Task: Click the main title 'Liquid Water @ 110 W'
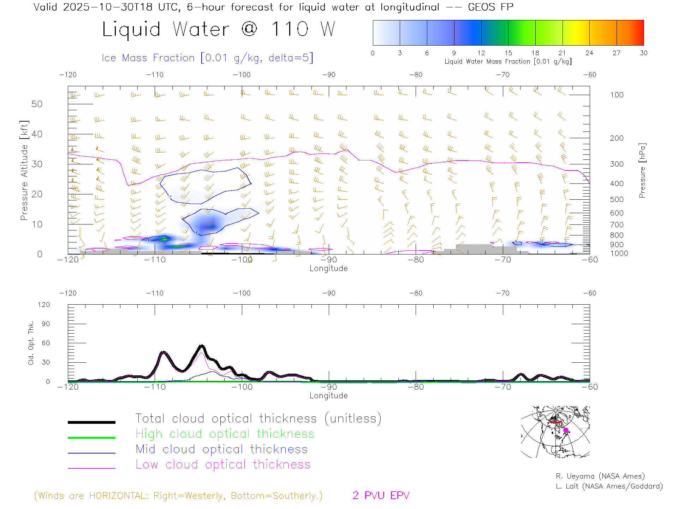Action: [218, 29]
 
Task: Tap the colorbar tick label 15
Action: [508, 53]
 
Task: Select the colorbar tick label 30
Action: [643, 53]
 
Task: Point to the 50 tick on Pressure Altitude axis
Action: [37, 104]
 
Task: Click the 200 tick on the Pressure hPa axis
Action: [617, 138]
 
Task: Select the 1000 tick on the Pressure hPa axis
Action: [619, 253]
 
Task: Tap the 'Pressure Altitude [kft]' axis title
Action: [24, 170]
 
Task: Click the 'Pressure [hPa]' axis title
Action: [642, 170]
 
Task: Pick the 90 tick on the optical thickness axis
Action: [46, 324]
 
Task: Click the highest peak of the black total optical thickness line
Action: [201, 345]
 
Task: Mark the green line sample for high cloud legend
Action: [91, 438]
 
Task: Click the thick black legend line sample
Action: [91, 422]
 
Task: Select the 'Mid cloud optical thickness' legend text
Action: [221, 449]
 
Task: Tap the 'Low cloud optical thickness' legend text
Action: [223, 464]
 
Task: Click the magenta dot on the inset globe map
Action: [566, 430]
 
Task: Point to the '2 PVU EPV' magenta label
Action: [381, 496]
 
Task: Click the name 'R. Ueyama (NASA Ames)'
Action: [600, 476]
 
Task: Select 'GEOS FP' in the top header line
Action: [490, 7]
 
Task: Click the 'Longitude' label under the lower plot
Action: [328, 396]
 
